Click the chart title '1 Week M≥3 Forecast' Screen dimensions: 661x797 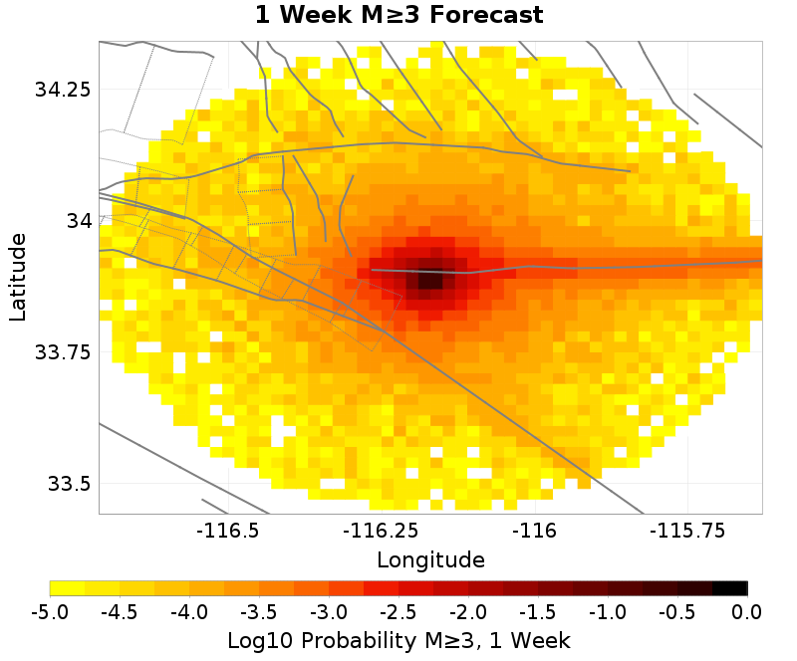398,16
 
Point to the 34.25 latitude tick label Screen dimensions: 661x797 63,90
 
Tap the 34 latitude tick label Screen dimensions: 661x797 78,220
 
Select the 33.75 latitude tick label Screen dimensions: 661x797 63,352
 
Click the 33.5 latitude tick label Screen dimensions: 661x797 69,485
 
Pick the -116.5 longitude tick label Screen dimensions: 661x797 230,531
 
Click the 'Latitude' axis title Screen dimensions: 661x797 18,277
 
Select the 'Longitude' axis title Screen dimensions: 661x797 430,559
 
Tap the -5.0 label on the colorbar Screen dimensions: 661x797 50,610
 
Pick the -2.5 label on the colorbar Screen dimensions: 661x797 398,610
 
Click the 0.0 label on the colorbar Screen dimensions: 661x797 747,610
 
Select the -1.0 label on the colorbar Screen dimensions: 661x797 608,610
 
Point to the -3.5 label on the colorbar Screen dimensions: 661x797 259,610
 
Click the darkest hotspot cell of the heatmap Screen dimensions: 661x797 427,278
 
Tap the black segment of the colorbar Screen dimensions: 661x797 730,587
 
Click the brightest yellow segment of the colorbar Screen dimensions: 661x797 67,587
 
